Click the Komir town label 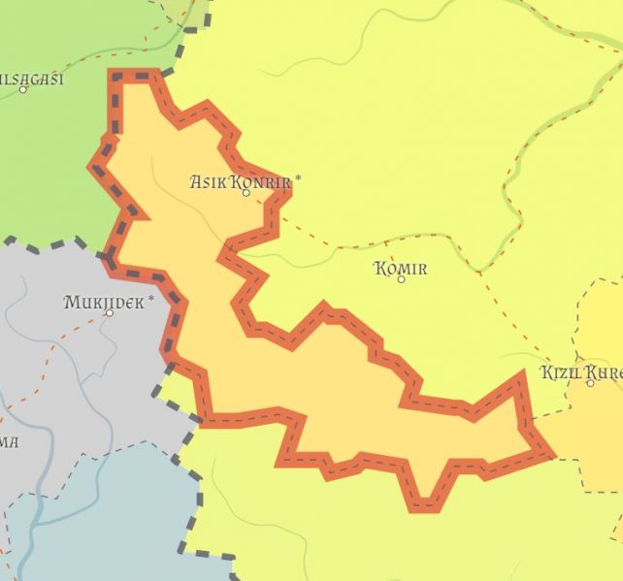pos(400,269)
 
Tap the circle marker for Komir pos(401,279)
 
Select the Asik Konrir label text pos(241,181)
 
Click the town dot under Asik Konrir pos(246,193)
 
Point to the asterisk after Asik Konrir pos(298,178)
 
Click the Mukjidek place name pos(104,302)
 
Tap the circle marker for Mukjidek pos(109,312)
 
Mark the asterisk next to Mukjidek pos(151,300)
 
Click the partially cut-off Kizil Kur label pos(581,372)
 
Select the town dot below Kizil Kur pos(590,383)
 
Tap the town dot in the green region pos(23,89)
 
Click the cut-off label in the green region pos(32,79)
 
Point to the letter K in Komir pos(379,269)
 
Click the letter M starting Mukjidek pos(71,302)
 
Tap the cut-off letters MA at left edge pos(8,442)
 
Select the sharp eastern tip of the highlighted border pos(550,454)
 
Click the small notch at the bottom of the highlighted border pos(423,503)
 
